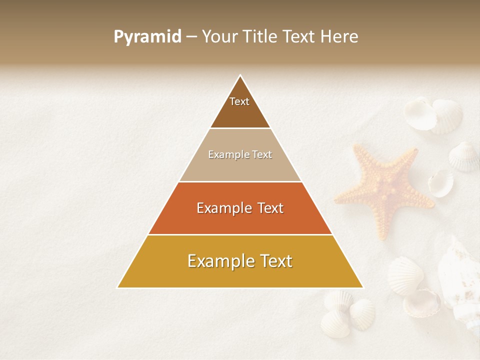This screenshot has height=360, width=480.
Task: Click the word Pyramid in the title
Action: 147,37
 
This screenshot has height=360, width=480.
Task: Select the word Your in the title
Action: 220,36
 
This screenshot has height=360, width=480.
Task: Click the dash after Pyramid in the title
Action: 191,37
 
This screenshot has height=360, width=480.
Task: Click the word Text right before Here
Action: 300,36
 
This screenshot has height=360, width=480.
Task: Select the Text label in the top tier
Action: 239,101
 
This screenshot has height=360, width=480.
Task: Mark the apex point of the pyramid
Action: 240,75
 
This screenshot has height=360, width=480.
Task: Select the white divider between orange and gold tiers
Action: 240,234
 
